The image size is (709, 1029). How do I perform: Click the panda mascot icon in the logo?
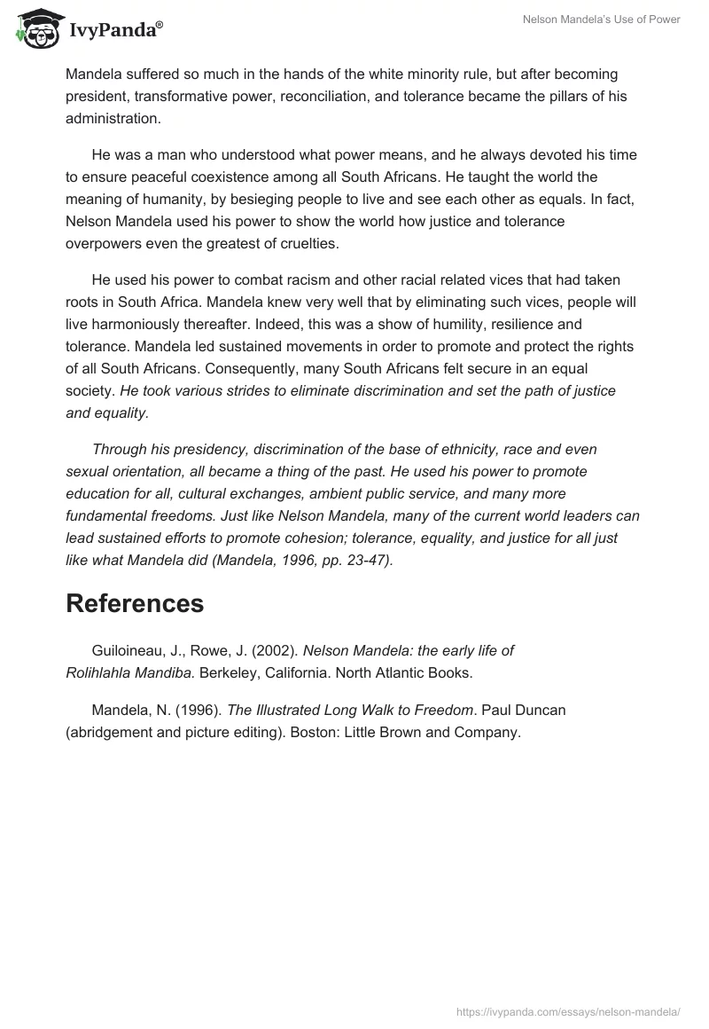[x=33, y=28]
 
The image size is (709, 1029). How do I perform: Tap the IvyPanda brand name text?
[x=115, y=30]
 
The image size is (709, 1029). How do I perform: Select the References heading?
[x=135, y=603]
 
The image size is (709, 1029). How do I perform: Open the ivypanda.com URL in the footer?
[x=568, y=1010]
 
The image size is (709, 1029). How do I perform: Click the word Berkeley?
[x=228, y=672]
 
